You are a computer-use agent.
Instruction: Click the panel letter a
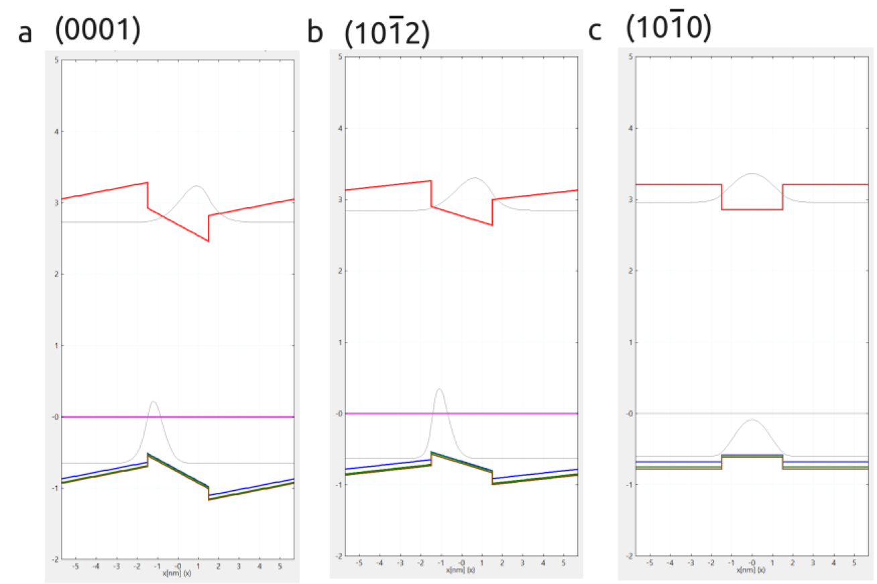coord(25,32)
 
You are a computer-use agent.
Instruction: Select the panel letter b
coord(315,32)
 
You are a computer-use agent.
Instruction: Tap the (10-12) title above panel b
coord(386,33)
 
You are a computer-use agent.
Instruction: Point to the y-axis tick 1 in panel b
coord(341,342)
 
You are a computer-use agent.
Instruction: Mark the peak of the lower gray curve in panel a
coord(154,402)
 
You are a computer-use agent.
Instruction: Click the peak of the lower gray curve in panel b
coord(439,388)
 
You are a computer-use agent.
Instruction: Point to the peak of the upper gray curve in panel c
coord(752,173)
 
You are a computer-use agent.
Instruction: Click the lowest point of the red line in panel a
coord(209,241)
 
